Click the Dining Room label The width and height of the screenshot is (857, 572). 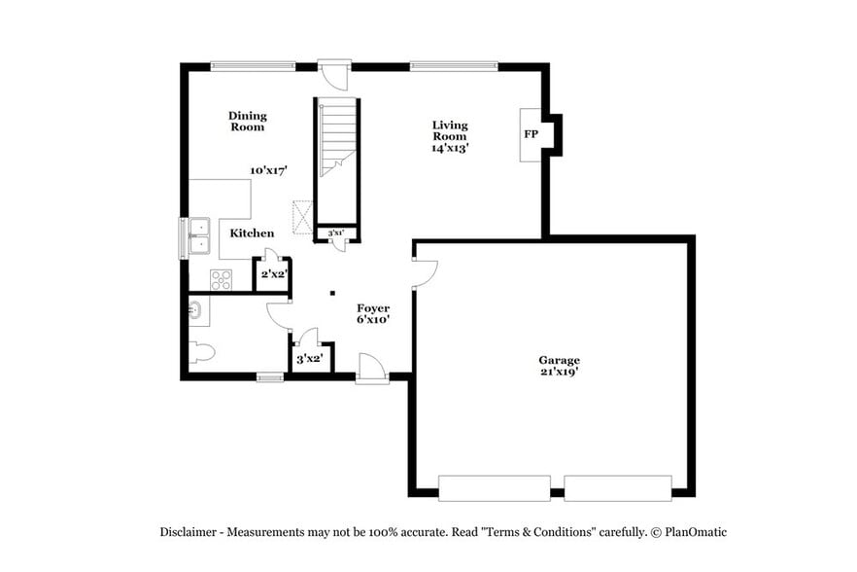pos(247,121)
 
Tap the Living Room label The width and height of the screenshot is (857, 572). pos(450,136)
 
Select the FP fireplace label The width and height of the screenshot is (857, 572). pos(531,134)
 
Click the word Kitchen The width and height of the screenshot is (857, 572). pos(252,233)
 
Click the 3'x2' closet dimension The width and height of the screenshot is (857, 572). pos(310,359)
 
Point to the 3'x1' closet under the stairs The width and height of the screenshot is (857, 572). pos(336,232)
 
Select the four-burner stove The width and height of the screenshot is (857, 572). pos(222,278)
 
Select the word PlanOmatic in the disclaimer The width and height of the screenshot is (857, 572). pos(693,532)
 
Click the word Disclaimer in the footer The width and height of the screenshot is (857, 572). pos(189,532)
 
